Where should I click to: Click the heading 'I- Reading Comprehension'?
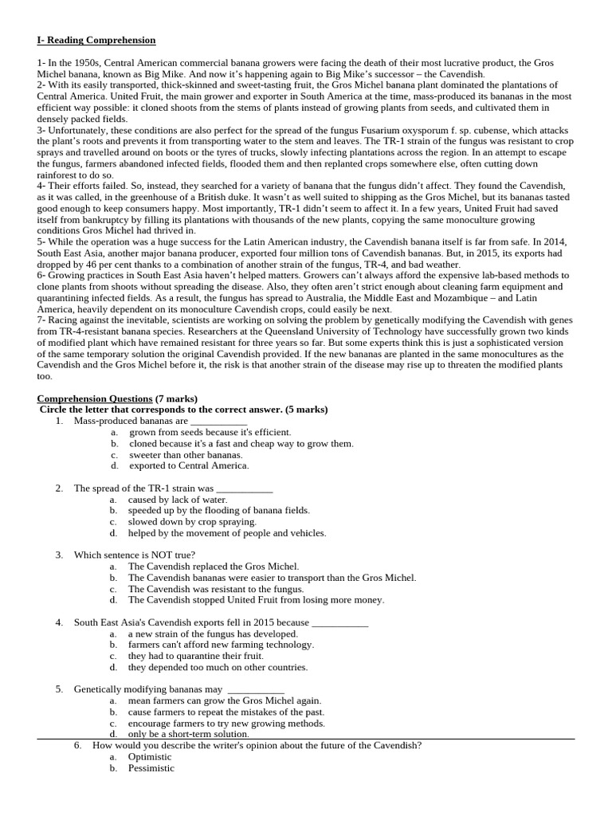tap(96, 40)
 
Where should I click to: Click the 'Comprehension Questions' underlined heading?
tap(95, 398)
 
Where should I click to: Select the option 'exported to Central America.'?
tap(188, 465)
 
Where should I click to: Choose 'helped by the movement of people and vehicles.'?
tap(226, 533)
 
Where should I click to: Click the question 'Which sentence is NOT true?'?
tap(135, 555)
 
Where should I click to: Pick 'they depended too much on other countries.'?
tap(217, 667)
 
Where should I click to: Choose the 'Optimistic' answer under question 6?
tap(150, 757)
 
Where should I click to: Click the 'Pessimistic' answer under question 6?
tap(151, 768)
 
